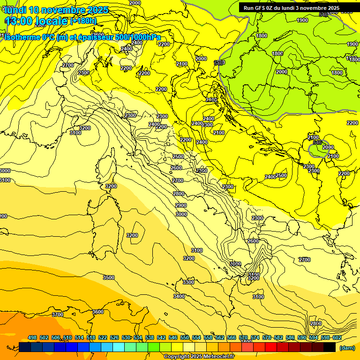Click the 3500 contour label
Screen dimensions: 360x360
[109, 277]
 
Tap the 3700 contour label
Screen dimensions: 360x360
[58, 315]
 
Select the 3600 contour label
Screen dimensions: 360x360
[98, 312]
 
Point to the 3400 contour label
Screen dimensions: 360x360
[179, 296]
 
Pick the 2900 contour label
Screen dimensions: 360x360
[181, 205]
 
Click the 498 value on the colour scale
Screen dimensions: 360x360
[32, 337]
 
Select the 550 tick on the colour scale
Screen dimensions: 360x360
[185, 337]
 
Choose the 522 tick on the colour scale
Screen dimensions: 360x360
[103, 337]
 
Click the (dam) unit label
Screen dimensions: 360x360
[347, 348]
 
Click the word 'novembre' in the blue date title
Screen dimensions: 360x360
[63, 10]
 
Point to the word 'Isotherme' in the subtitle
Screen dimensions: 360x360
[22, 37]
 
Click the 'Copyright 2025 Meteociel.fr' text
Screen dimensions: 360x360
[199, 356]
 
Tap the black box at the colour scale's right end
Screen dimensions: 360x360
[330, 347]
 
